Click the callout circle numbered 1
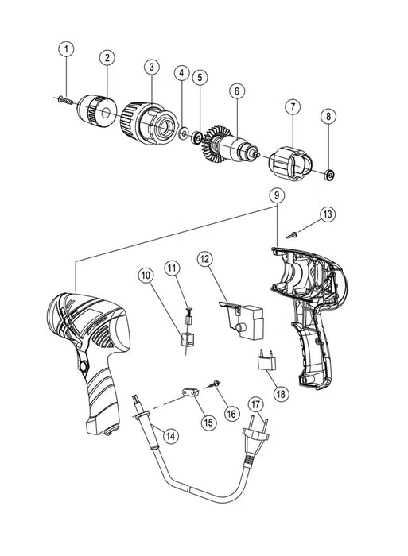[x=67, y=50]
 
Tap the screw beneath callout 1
[x=66, y=100]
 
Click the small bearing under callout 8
[x=328, y=173]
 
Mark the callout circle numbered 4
[x=182, y=74]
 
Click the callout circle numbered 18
[x=278, y=393]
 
